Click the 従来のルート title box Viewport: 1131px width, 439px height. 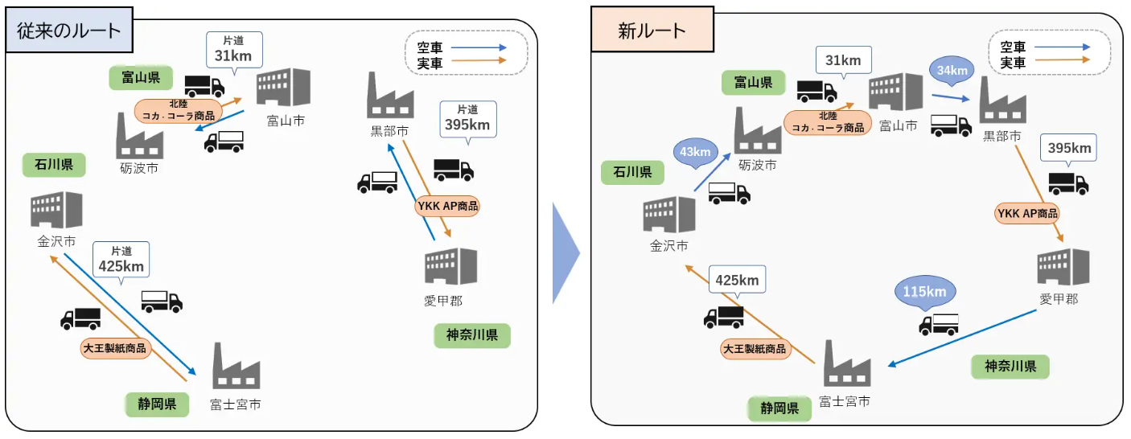click(x=69, y=30)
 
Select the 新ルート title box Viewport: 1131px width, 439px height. click(x=652, y=29)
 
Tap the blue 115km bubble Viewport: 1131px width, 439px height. click(x=924, y=291)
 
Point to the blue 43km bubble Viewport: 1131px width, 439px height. click(x=695, y=151)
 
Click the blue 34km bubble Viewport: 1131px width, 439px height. click(x=952, y=70)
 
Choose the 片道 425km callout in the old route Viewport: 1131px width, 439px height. click(x=121, y=260)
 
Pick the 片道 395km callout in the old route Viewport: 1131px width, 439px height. click(x=468, y=119)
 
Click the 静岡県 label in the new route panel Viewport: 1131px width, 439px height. click(x=779, y=408)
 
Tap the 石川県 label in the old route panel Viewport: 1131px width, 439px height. click(x=54, y=165)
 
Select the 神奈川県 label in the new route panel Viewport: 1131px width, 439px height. click(x=1010, y=367)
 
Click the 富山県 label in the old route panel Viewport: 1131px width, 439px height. click(x=141, y=78)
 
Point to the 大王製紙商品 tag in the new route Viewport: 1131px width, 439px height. click(x=755, y=349)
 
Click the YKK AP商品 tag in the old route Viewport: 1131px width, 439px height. click(x=447, y=206)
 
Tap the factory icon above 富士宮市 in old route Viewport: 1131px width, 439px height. click(x=236, y=366)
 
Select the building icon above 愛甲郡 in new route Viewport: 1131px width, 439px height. click(x=1063, y=267)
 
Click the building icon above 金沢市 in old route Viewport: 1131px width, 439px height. click(x=56, y=210)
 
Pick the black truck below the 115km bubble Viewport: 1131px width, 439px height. click(x=939, y=325)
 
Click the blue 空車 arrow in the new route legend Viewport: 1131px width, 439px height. click(x=1062, y=47)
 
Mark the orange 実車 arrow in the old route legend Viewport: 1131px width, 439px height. click(x=479, y=60)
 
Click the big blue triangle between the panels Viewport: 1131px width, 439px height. click(x=565, y=253)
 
